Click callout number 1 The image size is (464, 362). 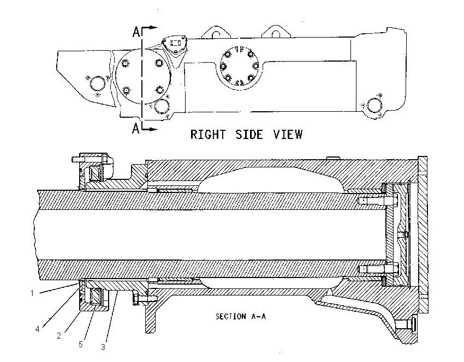32,293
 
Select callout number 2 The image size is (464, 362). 59,336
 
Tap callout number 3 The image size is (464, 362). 103,347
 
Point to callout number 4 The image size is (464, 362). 37,329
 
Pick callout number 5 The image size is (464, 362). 80,344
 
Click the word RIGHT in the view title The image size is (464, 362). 208,135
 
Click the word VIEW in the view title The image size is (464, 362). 288,135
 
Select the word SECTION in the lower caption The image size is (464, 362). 231,317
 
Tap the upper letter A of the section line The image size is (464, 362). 136,32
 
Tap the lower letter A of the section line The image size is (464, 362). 135,129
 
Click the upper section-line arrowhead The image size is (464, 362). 153,28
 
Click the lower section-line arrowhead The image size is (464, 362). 153,129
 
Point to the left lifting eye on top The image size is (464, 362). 216,32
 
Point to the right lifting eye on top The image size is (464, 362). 276,32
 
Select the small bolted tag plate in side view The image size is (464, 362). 175,44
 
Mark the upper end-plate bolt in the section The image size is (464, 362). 378,201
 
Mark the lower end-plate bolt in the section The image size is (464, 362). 378,269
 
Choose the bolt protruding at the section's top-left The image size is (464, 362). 79,159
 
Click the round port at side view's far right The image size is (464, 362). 374,105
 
